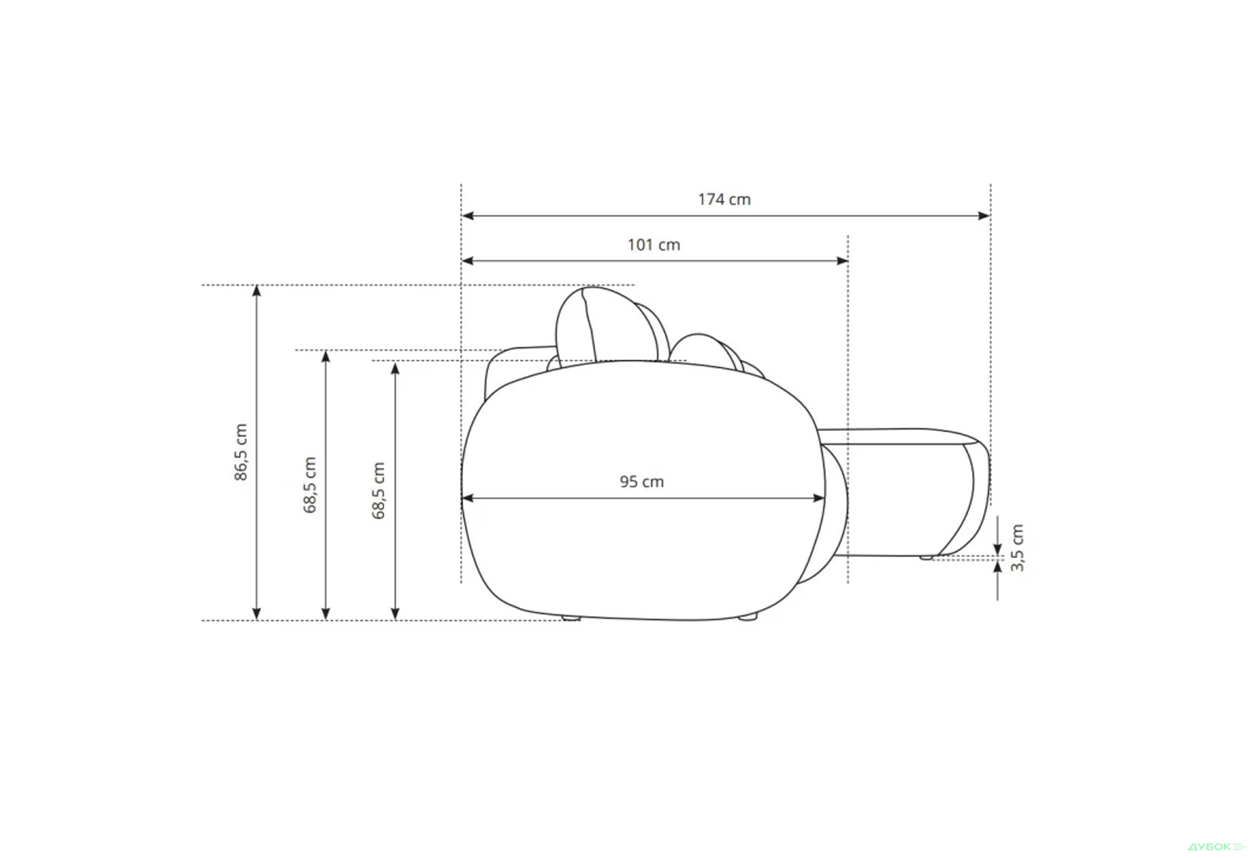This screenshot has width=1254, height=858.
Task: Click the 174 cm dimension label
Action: pos(724,199)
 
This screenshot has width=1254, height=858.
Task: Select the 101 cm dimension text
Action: pos(654,245)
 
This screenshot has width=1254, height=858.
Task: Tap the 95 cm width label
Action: pos(642,482)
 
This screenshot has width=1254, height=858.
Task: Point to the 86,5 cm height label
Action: pos(241,453)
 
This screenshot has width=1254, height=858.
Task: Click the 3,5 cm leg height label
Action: pos(1018,547)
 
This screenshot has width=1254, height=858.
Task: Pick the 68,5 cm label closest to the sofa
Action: pos(379,490)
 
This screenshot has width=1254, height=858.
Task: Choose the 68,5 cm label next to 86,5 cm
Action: pos(310,485)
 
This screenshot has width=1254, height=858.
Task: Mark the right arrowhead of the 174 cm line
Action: pos(984,215)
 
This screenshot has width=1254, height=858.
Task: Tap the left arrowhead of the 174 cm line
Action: pos(468,215)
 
